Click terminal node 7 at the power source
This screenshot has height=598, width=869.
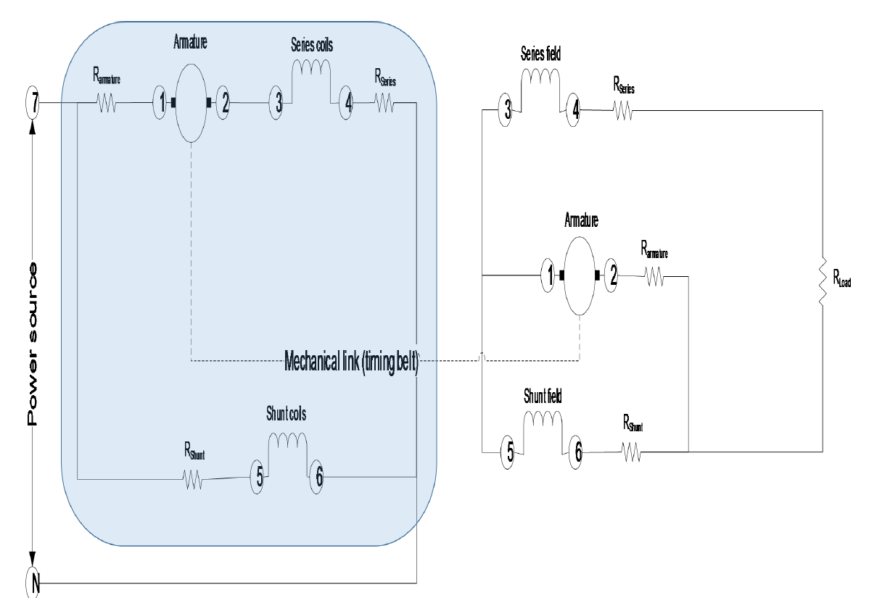(x=32, y=104)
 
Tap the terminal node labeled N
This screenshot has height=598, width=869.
(x=33, y=582)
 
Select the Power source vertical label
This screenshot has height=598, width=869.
(x=32, y=344)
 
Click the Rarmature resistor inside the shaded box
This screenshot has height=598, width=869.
(x=107, y=104)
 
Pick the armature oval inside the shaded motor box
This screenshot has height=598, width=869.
(x=192, y=103)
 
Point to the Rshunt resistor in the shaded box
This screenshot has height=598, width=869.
(x=192, y=479)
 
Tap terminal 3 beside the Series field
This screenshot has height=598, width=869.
(x=508, y=111)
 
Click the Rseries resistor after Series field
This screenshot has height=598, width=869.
(x=622, y=111)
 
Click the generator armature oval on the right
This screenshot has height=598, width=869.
(x=580, y=275)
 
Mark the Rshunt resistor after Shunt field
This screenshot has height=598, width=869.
(x=631, y=452)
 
